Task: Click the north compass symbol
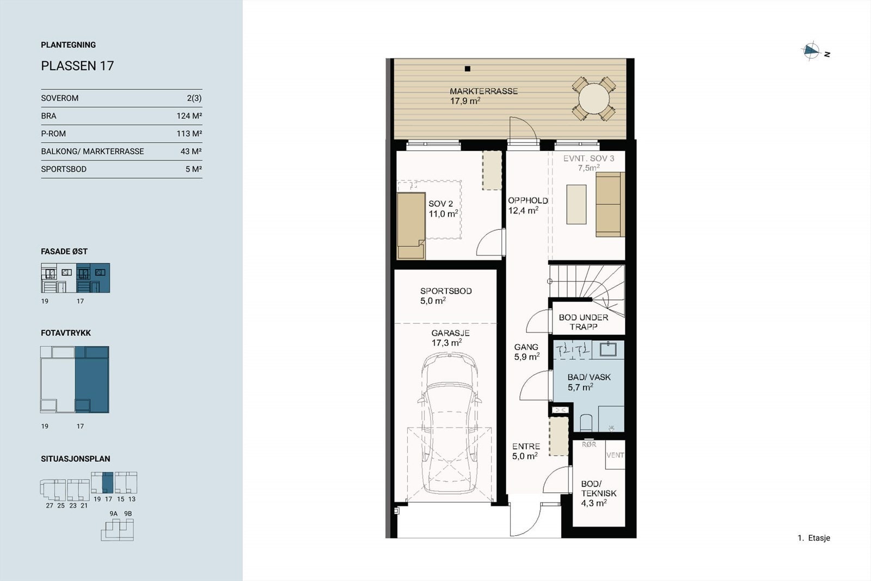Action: tap(811, 51)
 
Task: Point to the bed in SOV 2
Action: tap(411, 225)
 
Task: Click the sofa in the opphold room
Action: tap(610, 204)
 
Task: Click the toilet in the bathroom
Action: tap(586, 423)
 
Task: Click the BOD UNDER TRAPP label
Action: tap(583, 322)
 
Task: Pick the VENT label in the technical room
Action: tap(615, 455)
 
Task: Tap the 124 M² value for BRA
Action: tap(189, 116)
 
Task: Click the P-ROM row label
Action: tap(53, 133)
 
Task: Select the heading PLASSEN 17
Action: tap(77, 66)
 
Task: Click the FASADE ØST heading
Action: tap(64, 252)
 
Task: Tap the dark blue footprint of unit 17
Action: tap(92, 380)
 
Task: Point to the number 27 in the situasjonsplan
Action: tap(50, 506)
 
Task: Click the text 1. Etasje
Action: tap(813, 538)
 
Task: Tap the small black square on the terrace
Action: tap(467, 69)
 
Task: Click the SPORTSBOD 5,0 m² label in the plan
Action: tap(445, 296)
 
